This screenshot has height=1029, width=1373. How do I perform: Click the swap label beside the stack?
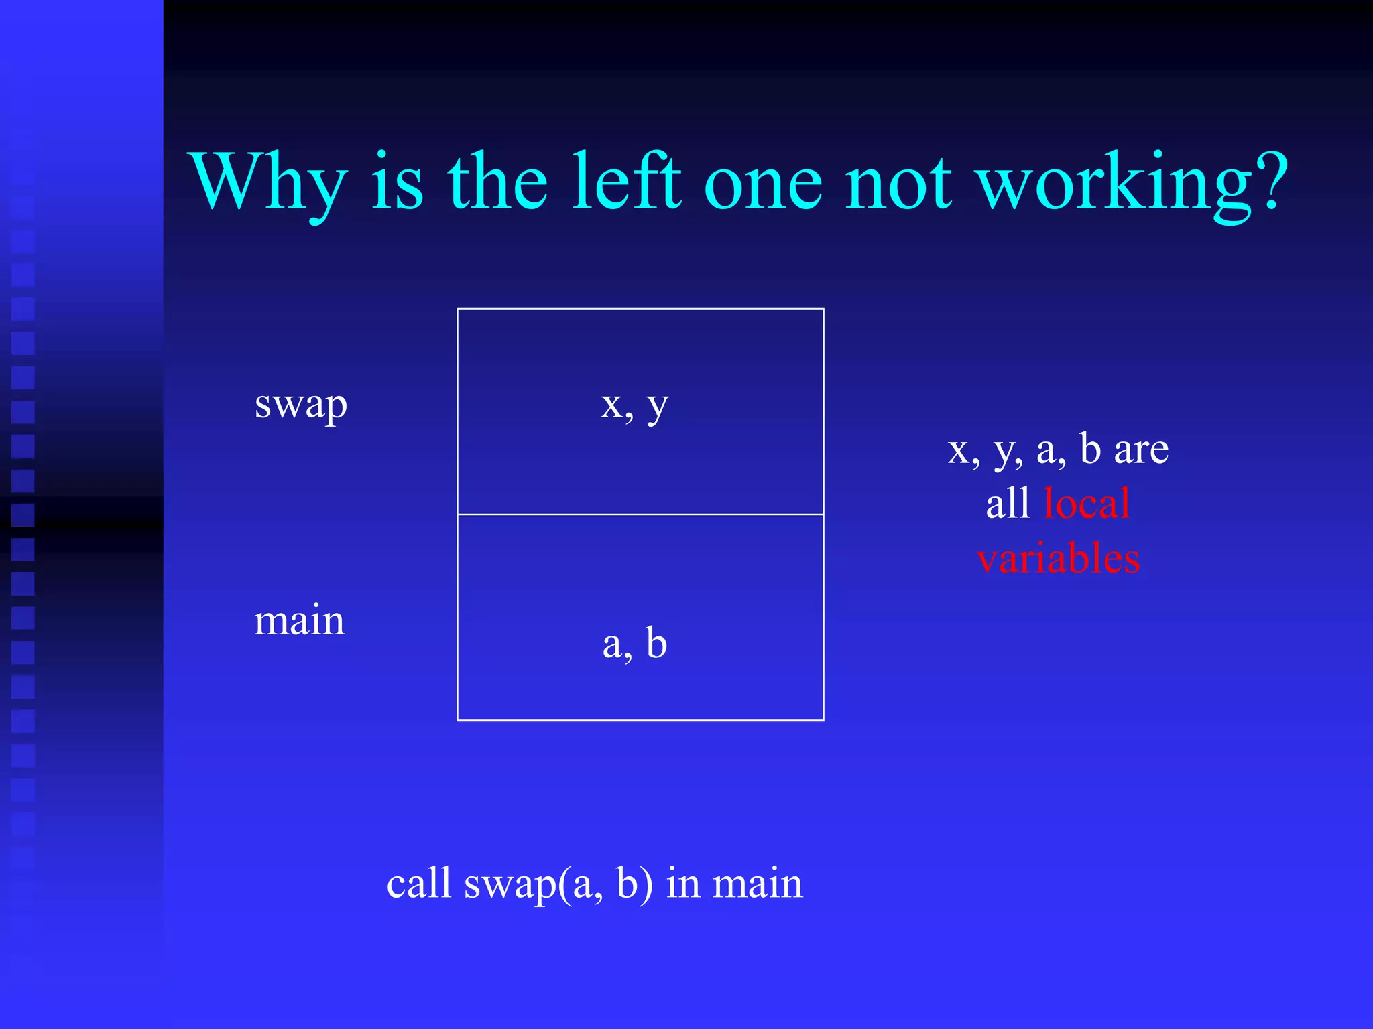point(301,405)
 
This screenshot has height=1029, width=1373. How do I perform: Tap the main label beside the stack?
point(299,620)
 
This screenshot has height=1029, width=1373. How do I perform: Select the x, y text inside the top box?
point(635,405)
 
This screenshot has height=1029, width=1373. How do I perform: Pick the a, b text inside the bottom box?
point(635,643)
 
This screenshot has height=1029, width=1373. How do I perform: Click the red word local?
point(1087,503)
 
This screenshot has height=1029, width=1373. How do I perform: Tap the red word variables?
point(1059,558)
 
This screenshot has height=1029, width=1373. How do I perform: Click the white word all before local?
point(1008,503)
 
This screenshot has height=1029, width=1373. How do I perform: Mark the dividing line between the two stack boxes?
point(640,514)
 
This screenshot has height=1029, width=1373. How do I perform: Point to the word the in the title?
point(497,181)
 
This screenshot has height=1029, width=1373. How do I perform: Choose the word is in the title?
point(397,181)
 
